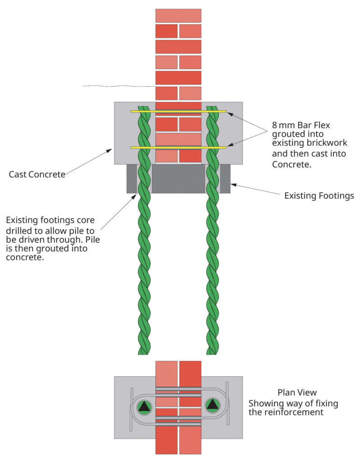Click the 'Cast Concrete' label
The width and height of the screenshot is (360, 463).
tap(37, 174)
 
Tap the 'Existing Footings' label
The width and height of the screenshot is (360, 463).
tap(319, 196)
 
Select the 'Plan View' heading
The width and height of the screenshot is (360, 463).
tap(297, 392)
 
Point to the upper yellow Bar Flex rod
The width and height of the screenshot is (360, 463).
tap(178, 111)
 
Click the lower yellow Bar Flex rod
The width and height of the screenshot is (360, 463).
tap(178, 147)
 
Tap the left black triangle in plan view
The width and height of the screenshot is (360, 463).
tap(144, 406)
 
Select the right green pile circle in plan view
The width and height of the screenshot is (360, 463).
tap(212, 405)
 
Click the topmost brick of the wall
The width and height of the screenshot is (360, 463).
tap(178, 15)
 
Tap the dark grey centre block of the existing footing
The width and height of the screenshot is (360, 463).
tap(178, 179)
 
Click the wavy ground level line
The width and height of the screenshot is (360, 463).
tap(117, 86)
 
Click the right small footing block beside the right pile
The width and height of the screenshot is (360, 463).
tap(225, 179)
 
